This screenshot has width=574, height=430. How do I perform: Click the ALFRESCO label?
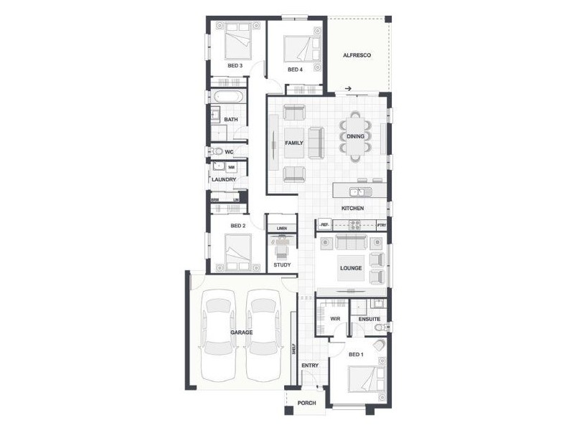pos(356,55)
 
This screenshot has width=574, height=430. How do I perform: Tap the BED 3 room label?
pos(235,66)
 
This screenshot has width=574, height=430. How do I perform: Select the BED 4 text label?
pos(295,70)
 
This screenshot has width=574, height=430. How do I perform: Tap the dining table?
pos(356,136)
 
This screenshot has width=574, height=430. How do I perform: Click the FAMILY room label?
pos(294,143)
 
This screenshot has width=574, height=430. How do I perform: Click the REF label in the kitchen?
pos(324,226)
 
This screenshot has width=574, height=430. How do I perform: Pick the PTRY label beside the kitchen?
pos(382,226)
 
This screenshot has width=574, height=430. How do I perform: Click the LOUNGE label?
pos(351,268)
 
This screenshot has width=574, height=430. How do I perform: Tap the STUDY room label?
pos(282,265)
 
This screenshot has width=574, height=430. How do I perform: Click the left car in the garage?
pos(218,333)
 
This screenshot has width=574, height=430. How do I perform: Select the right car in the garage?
pos(263,333)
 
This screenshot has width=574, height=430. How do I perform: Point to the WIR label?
pos(334,318)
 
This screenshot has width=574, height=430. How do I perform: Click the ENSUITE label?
pos(370,318)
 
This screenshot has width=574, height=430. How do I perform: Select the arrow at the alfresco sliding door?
pos(348,89)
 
